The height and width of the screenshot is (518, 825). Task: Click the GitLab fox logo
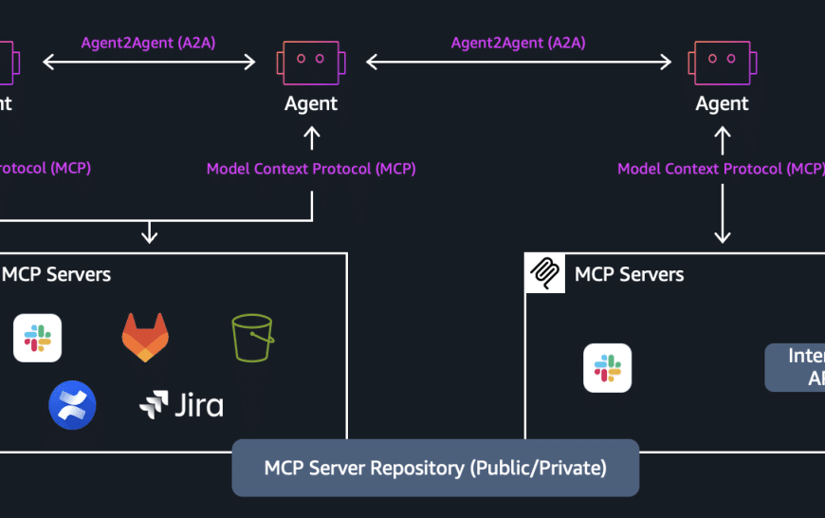[x=145, y=338]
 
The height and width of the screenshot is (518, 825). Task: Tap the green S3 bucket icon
[x=252, y=338]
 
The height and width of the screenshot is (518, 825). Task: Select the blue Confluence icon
[x=72, y=405]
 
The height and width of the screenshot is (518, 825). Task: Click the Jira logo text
[x=181, y=405]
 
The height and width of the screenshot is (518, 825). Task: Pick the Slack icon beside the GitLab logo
[x=38, y=338]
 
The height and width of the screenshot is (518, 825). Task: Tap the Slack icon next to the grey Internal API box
[x=607, y=368]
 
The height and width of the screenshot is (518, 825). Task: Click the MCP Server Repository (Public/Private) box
[x=435, y=468]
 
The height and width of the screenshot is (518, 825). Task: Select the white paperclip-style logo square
[x=544, y=273]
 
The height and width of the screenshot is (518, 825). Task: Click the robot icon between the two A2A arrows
[x=311, y=63]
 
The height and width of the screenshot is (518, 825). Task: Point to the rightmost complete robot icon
[x=723, y=63]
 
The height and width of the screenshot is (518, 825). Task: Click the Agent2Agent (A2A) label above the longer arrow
[x=518, y=43]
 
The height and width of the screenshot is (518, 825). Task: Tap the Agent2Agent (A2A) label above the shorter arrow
[x=149, y=43]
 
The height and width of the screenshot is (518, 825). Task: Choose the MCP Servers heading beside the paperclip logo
[x=629, y=275]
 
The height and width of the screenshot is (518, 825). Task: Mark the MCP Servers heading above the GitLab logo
[x=57, y=275]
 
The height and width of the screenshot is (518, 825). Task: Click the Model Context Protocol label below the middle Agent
[x=311, y=169]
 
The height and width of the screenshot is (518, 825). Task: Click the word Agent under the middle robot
[x=311, y=103]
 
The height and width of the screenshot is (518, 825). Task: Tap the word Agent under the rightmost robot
[x=723, y=103]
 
